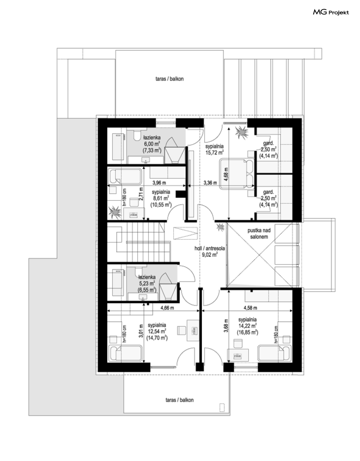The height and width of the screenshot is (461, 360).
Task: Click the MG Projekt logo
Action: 331,13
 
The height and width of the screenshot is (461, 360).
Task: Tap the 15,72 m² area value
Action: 214,152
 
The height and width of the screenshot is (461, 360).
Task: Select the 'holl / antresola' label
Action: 209,248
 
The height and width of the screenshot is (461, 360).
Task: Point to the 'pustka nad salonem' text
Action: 259,233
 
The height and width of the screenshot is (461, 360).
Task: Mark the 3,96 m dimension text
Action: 159,183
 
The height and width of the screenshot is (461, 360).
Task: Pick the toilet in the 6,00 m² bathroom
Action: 137,135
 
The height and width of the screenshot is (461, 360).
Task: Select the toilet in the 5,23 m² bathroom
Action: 139,271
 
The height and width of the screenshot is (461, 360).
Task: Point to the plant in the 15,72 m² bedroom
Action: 241,132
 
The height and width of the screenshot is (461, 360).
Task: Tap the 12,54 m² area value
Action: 157,331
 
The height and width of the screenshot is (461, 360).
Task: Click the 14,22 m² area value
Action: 248,326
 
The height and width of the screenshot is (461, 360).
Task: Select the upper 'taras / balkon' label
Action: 169,79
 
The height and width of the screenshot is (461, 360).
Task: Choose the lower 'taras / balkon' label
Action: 179,400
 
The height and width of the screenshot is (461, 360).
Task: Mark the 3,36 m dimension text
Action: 210,183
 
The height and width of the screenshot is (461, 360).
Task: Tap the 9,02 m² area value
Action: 209,254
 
